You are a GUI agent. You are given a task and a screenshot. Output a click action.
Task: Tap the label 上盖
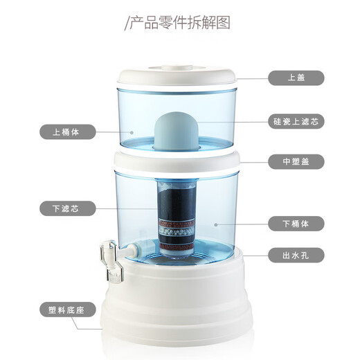297,78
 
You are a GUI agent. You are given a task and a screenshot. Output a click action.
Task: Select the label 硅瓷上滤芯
297,121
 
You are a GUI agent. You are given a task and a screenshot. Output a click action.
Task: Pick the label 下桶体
297,224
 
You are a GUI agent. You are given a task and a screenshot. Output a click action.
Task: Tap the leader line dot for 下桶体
215,224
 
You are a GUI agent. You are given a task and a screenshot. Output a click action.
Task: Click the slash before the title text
127,22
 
